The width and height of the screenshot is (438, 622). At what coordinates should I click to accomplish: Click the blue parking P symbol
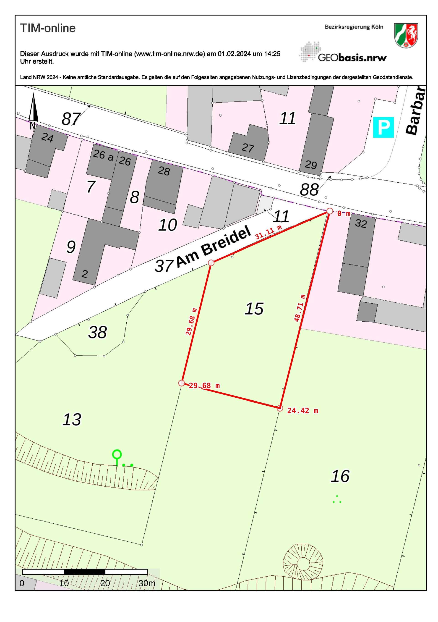tap(383, 127)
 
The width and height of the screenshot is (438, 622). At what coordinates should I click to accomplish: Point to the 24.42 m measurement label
tap(302, 411)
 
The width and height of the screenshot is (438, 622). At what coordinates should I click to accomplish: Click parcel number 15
tap(254, 309)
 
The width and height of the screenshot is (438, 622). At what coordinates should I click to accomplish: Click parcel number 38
tap(97, 332)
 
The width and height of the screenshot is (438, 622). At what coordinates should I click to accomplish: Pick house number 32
tap(361, 224)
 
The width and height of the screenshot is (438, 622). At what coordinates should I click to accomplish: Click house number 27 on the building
tap(248, 148)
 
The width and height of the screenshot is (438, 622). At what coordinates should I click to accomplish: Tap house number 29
tap(310, 165)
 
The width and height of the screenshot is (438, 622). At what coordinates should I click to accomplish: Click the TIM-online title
tap(48, 28)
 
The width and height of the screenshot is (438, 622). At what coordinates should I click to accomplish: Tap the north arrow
tap(33, 108)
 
